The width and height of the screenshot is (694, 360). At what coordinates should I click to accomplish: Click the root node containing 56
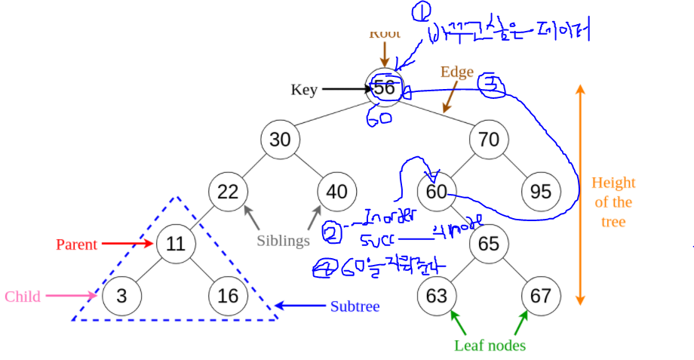coord(385,88)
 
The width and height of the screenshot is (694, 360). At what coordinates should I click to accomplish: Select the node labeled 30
coord(280,140)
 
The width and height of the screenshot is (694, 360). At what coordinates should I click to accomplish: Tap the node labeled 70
coord(489,140)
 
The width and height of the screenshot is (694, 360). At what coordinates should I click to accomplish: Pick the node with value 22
coord(228,192)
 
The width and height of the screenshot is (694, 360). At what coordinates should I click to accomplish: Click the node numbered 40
coord(332,192)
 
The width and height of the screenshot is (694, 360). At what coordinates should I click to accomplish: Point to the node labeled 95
coord(541,192)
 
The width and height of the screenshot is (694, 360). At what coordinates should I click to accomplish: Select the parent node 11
coord(176,244)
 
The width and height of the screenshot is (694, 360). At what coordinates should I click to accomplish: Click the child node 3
coord(123,296)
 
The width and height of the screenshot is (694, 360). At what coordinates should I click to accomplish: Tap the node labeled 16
coord(228,296)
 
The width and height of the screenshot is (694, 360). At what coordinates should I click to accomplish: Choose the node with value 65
coord(489,244)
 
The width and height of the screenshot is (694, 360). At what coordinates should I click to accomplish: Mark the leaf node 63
coord(437,296)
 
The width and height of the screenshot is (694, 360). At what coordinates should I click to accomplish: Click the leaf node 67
coord(541,296)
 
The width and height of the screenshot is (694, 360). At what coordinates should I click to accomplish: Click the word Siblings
coord(283,242)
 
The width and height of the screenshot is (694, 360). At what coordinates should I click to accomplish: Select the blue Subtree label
coord(355,306)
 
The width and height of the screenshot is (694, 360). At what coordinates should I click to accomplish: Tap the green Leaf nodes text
coord(490,346)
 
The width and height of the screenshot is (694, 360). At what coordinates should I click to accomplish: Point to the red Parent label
coord(76,245)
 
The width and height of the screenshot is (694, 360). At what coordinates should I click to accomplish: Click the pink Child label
coord(23,297)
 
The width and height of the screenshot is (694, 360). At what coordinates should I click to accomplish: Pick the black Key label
coord(304,91)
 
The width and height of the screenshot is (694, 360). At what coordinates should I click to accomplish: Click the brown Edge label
coord(457,72)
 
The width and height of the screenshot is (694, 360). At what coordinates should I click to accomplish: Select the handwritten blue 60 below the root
coord(380,119)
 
